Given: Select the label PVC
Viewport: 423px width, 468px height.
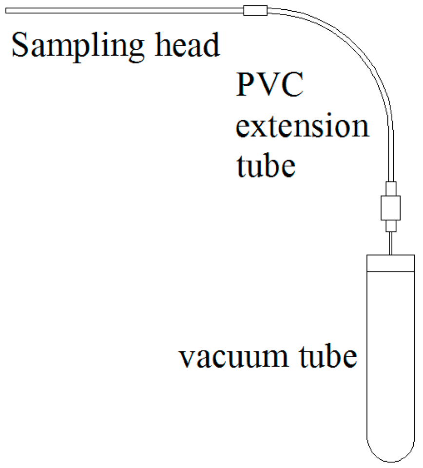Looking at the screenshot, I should tap(269, 87).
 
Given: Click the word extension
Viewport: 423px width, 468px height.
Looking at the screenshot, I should tap(302, 126).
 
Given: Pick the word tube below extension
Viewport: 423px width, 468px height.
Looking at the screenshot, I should tap(266, 165).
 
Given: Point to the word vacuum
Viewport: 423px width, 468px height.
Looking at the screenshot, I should tap(232, 357).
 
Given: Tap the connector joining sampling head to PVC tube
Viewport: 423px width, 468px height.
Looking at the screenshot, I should tap(255, 10).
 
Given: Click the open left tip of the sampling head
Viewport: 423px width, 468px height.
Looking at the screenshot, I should tap(7, 9).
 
